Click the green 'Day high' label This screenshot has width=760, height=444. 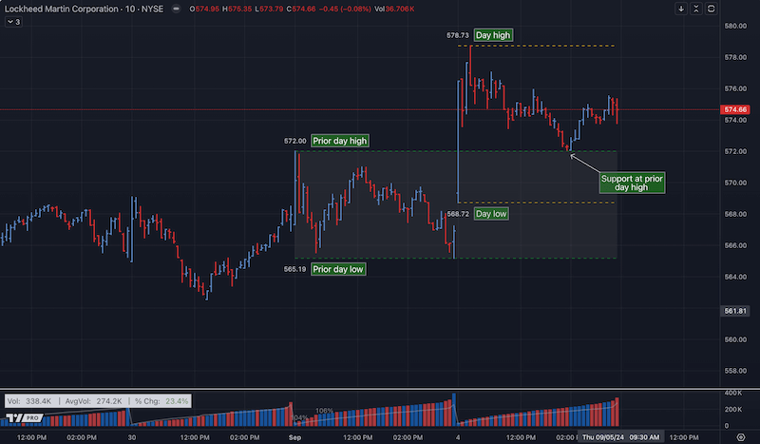click(494, 35)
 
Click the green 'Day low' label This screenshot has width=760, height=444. click(492, 214)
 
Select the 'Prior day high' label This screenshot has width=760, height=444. click(340, 141)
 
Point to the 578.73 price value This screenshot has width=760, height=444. click(458, 35)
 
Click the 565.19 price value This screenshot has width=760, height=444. click(294, 269)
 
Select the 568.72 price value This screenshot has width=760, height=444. click(458, 214)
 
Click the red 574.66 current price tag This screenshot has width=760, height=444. click(736, 110)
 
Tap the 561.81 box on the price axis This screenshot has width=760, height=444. click(736, 311)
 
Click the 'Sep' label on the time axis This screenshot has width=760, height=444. click(294, 436)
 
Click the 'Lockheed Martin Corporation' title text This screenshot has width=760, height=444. click(66, 9)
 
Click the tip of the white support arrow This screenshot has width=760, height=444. click(570, 154)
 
